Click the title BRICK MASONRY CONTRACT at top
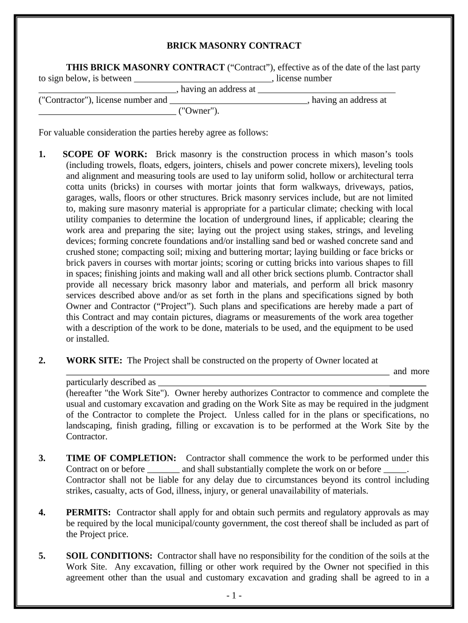click(x=234, y=46)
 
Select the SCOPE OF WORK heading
click(x=105, y=155)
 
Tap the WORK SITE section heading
click(x=94, y=361)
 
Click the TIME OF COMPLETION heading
click(x=121, y=458)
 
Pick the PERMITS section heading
click(x=88, y=512)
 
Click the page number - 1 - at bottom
click(x=233, y=596)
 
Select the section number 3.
click(x=42, y=458)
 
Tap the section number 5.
click(x=42, y=555)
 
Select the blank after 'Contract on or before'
click(x=163, y=470)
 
